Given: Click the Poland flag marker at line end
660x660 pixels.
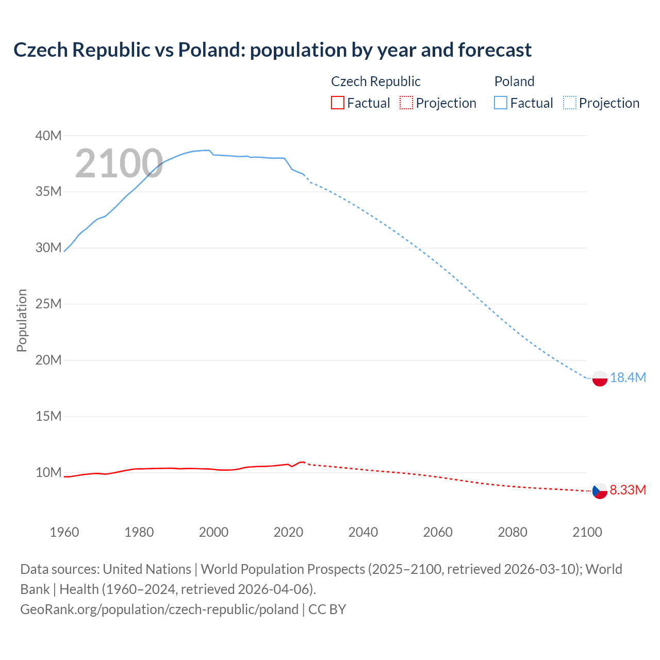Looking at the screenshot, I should point(600,378).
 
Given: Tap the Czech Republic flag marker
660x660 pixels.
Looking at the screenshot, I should point(600,491).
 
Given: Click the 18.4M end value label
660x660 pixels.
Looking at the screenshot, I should point(628,378).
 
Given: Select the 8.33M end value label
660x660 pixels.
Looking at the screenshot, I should point(628,490).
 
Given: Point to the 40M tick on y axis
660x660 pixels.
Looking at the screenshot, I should point(48,136).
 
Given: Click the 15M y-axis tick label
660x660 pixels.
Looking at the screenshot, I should point(48,416).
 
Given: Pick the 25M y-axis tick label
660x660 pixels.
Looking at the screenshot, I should point(48,304).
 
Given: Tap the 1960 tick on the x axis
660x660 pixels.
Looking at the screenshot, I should point(64,532).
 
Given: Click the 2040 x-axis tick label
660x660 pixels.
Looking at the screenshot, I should point(363,532).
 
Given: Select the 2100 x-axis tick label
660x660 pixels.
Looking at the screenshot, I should point(587,532).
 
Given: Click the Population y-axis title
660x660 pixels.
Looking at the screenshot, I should point(22,320).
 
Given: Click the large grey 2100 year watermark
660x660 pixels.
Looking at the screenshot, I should point(119,163).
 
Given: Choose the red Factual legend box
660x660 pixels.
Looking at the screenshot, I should point(337,103).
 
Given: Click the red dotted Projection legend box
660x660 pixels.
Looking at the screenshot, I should point(406,103).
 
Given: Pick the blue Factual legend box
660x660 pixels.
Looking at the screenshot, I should point(500,103).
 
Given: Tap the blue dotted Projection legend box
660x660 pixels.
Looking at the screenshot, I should point(570,103).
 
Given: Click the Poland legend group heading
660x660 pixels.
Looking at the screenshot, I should point(514,81).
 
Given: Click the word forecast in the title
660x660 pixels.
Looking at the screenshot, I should point(494,50).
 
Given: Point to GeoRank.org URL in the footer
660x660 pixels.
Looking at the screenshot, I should point(159,609).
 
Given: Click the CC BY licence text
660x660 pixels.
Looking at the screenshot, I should point(327,609).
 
